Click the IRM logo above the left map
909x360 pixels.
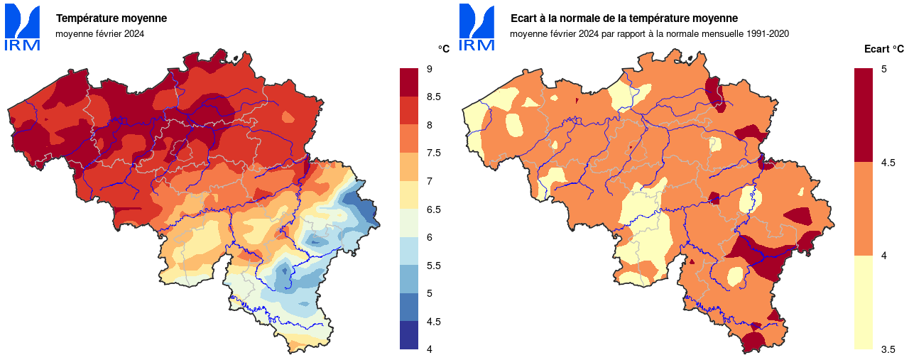(22, 27)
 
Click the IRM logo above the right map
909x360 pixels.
(477, 27)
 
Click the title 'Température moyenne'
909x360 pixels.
(111, 18)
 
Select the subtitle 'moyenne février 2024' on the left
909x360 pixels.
(99, 33)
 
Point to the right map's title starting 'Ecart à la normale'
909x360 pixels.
(624, 18)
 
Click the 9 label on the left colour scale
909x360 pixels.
(430, 69)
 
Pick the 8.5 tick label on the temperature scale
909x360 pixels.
(434, 97)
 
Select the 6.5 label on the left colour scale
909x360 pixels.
(434, 209)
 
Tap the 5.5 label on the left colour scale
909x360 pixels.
(434, 265)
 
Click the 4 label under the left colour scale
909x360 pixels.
(430, 349)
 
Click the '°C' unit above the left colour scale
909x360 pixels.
(443, 49)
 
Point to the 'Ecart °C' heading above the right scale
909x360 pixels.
(883, 49)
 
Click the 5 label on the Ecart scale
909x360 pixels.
(884, 69)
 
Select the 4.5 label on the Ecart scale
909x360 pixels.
(888, 163)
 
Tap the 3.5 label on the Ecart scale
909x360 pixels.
(888, 349)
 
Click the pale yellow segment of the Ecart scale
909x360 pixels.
(863, 302)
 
